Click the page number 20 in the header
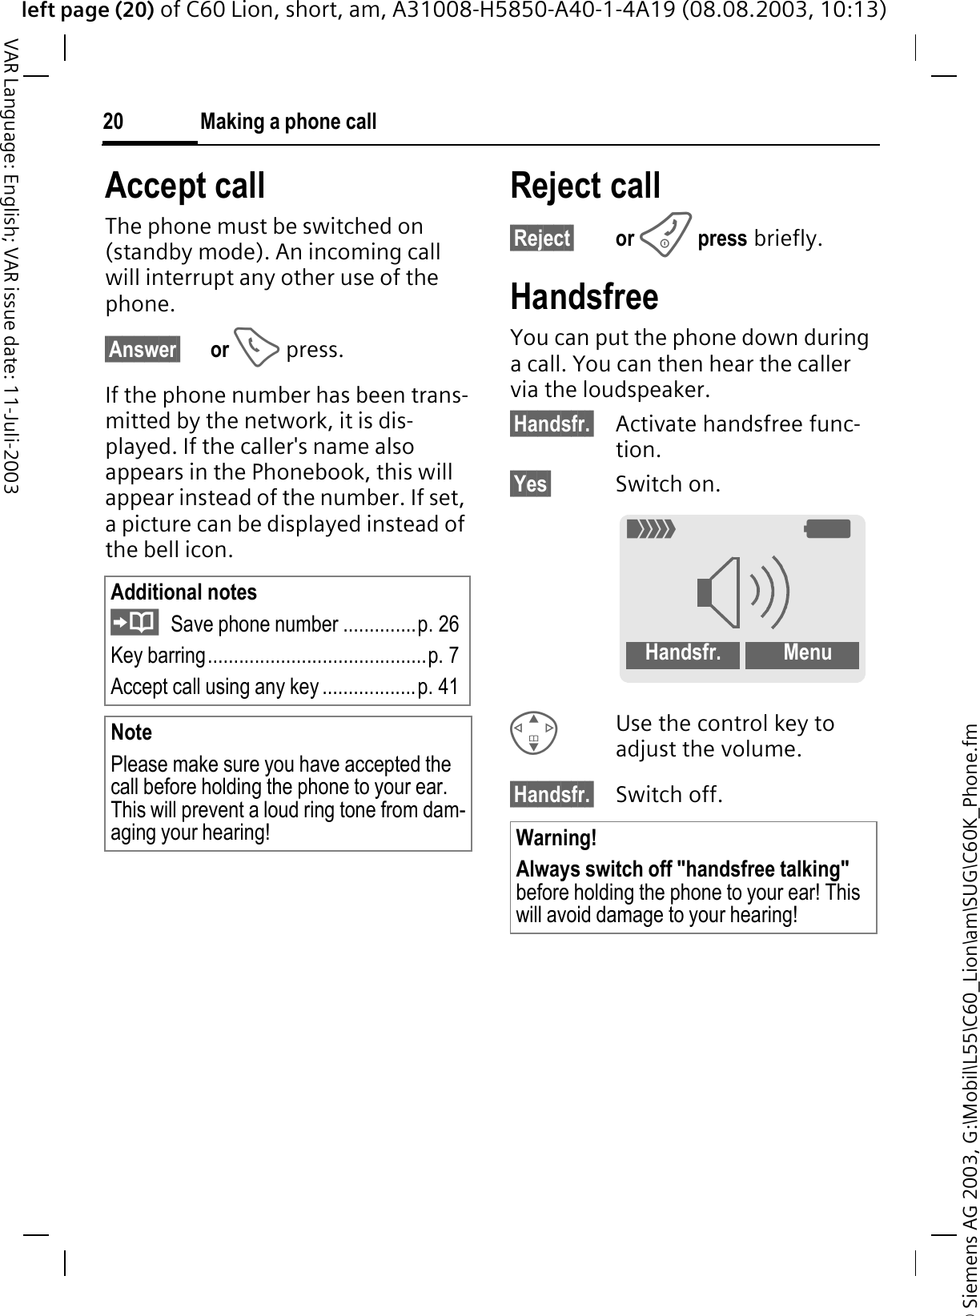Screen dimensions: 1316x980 [x=114, y=122]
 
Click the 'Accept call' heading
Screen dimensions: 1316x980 [x=185, y=186]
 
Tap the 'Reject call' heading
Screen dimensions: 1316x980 [x=585, y=186]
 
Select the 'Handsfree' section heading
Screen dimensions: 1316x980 [x=584, y=297]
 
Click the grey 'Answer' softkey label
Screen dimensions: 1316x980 [x=143, y=350]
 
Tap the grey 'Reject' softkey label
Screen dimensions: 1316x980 [x=542, y=239]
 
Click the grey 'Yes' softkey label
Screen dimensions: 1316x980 [x=531, y=484]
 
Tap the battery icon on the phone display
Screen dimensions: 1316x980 [x=828, y=529]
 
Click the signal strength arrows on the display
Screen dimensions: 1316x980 [x=652, y=529]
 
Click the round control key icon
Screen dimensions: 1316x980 [x=534, y=733]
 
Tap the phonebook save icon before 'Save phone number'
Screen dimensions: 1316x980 [x=135, y=622]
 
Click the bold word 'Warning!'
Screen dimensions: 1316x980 [x=556, y=838]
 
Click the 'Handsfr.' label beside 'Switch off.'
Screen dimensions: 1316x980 [x=552, y=794]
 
